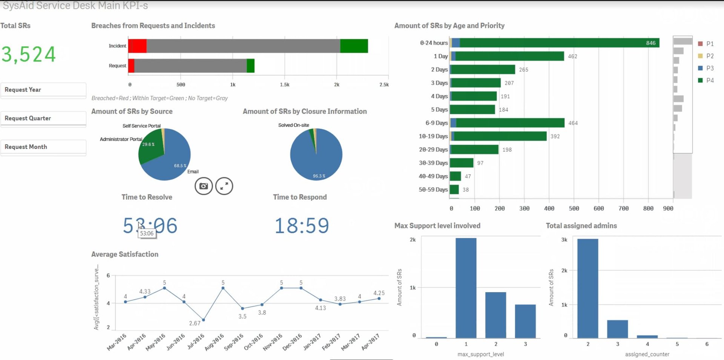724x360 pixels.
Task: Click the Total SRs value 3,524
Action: pos(29,54)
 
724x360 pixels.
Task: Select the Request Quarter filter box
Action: pos(43,118)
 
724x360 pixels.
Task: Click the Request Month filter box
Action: pos(43,147)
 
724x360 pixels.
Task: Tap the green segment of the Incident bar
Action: pos(354,46)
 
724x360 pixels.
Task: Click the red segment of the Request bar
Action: pos(131,66)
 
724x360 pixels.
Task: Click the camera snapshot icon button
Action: pos(204,186)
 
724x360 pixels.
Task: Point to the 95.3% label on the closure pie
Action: pos(319,176)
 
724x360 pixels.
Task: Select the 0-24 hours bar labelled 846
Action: pos(558,43)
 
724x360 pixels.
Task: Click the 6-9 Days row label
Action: pos(436,123)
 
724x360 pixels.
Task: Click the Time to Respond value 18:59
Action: pos(302,226)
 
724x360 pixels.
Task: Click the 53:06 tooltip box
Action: pos(147,234)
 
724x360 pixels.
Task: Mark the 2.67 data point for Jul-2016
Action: pos(204,320)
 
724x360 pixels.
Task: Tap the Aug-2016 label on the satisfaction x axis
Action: pos(214,342)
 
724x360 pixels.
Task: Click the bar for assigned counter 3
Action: pos(617,329)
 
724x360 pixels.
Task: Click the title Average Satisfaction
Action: pos(125,254)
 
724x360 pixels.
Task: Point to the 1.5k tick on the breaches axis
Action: pos(285,85)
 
